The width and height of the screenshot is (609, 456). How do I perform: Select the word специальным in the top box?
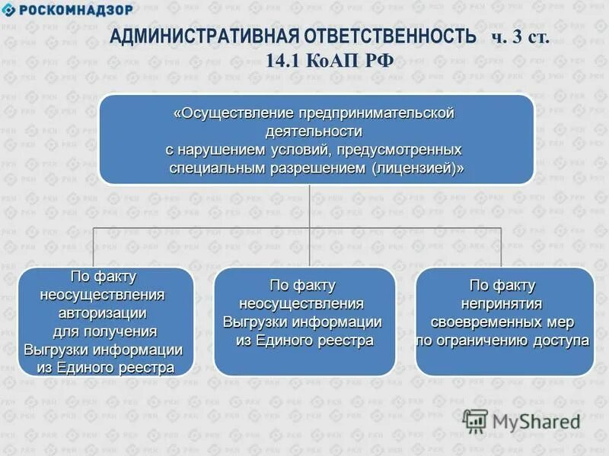point(220,168)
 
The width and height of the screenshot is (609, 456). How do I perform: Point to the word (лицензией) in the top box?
point(418,168)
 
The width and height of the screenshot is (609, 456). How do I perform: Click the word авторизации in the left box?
point(102,312)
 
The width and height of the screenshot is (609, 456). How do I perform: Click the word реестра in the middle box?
point(343,340)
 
